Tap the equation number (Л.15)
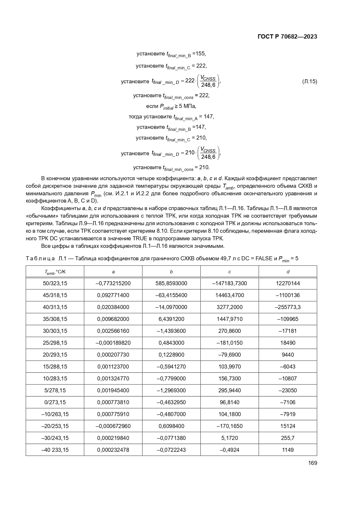tap(310, 82)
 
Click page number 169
tap(313, 463)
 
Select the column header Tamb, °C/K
tap(55, 272)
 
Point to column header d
tap(287, 272)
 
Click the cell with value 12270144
tap(287, 283)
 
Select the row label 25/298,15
tap(55, 343)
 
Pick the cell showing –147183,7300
tap(229, 283)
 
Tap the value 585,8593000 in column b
tap(171, 283)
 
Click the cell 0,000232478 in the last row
tap(113, 450)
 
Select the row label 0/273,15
tap(55, 402)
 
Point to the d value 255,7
tap(287, 438)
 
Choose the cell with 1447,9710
tap(229, 319)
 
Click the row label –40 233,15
tap(55, 450)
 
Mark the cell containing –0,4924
tap(229, 450)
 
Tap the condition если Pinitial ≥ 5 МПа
tap(171, 106)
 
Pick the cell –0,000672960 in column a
tap(113, 426)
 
